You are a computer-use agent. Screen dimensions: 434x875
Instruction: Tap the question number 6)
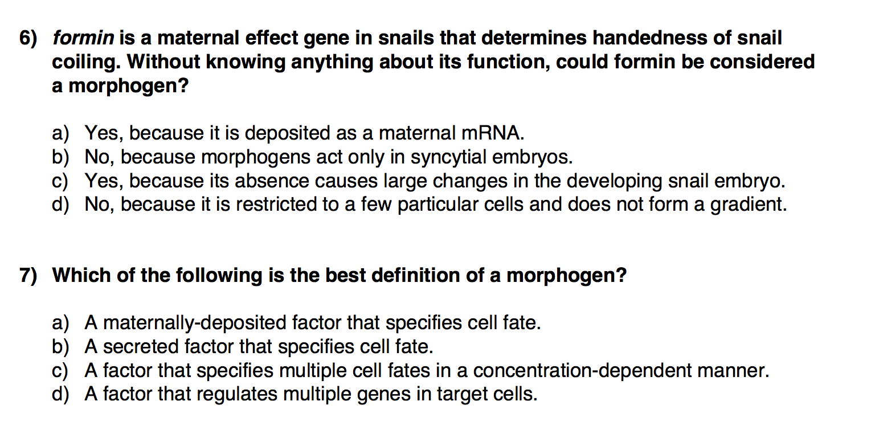[x=27, y=39]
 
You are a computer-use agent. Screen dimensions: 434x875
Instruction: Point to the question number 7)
[x=27, y=276]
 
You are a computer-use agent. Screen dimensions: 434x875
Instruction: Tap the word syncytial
[x=436, y=157]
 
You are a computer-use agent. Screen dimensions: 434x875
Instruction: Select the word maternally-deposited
[x=194, y=324]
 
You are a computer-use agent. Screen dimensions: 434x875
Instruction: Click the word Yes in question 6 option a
[x=105, y=133]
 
